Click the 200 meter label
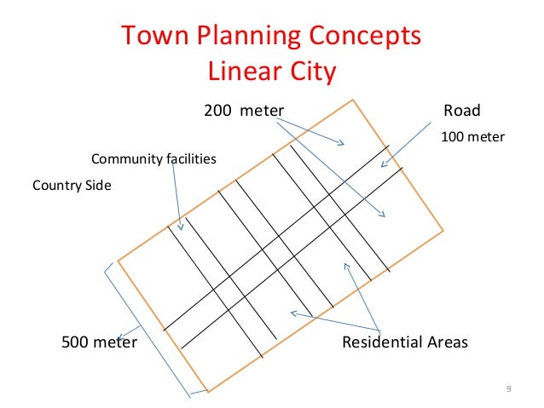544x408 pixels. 243,110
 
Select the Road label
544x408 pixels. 462,110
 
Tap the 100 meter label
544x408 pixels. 472,136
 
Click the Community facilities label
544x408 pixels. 153,159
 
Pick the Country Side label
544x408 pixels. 72,184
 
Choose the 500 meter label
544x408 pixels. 100,342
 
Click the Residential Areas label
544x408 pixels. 405,342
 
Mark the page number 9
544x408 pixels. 508,389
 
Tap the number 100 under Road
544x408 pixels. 452,136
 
